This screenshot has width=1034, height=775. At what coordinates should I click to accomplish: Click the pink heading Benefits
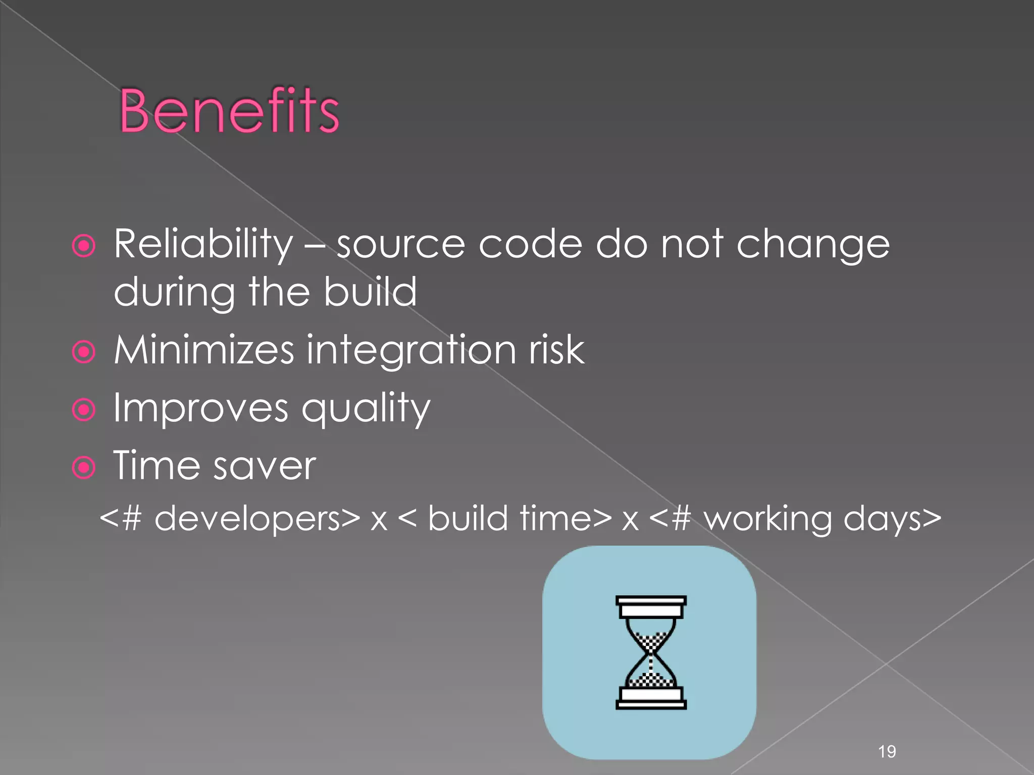tap(229, 111)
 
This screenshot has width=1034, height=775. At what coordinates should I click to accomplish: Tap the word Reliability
tap(203, 244)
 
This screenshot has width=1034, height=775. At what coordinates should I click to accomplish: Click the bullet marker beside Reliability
tap(84, 246)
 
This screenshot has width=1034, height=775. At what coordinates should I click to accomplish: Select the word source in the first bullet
tap(400, 245)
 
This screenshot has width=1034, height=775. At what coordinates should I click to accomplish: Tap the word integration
tap(411, 351)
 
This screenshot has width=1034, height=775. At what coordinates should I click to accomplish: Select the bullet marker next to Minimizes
tap(84, 352)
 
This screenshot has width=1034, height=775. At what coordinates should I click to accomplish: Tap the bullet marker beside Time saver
tap(84, 468)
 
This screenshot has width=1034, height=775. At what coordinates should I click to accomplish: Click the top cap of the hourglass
tap(651, 606)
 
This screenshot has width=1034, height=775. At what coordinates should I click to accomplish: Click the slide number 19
tap(887, 752)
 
